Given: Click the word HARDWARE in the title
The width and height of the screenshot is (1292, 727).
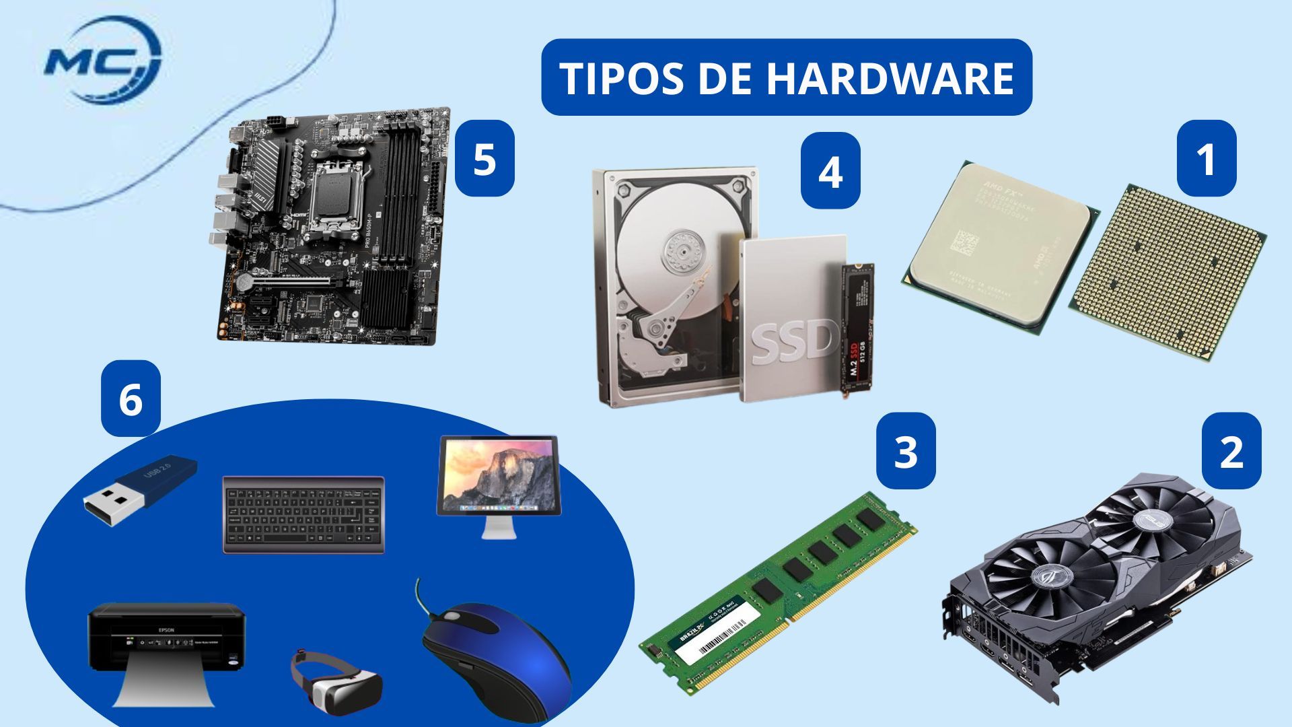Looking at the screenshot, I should pos(889,78).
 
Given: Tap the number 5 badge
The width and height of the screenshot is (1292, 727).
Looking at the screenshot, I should pos(485,159).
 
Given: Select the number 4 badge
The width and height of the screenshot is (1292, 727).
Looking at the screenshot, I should pos(830,170).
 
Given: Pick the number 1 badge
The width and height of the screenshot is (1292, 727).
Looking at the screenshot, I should pos(1206,159).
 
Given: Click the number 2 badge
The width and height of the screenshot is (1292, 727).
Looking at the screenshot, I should pos(1231,451).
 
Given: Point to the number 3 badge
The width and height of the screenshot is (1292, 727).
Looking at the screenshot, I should pos(906,450).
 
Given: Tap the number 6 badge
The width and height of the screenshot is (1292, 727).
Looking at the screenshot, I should pos(131,399).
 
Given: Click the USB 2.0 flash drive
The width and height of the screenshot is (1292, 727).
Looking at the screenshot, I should pos(141,491).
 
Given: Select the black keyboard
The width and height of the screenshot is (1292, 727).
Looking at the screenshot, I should pos(303,515).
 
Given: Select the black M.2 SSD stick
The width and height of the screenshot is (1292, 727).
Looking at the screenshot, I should pos(857,326).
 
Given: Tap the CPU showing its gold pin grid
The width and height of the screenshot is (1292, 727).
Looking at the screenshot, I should pos(1167,273).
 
